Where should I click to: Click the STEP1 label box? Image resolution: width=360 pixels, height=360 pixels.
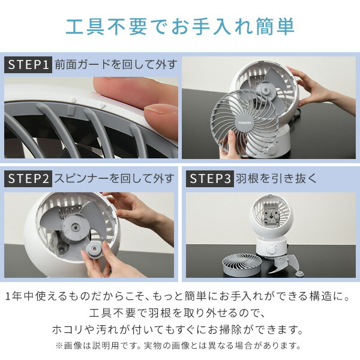(28, 65)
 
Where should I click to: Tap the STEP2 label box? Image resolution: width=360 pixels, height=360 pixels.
(28, 179)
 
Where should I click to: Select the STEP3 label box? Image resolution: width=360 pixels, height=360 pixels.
(210, 179)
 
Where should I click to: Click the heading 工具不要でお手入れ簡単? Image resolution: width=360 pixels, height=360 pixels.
(180, 26)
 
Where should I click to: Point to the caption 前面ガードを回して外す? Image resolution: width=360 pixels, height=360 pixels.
(116, 65)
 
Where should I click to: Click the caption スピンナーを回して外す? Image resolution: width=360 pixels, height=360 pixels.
(115, 179)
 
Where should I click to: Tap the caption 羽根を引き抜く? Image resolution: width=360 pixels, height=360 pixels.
(276, 179)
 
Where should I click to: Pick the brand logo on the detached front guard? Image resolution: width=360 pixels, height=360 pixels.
(245, 122)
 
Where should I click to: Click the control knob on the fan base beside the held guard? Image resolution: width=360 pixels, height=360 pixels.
(272, 149)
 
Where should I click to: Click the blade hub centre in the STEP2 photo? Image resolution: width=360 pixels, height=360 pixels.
(75, 227)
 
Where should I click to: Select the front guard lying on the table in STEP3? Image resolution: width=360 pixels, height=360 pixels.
(242, 263)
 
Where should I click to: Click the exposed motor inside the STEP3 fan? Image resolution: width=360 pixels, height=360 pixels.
(272, 214)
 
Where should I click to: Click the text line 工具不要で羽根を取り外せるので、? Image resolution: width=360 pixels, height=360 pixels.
(177, 313)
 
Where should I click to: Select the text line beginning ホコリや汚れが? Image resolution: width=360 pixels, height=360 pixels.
(177, 329)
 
